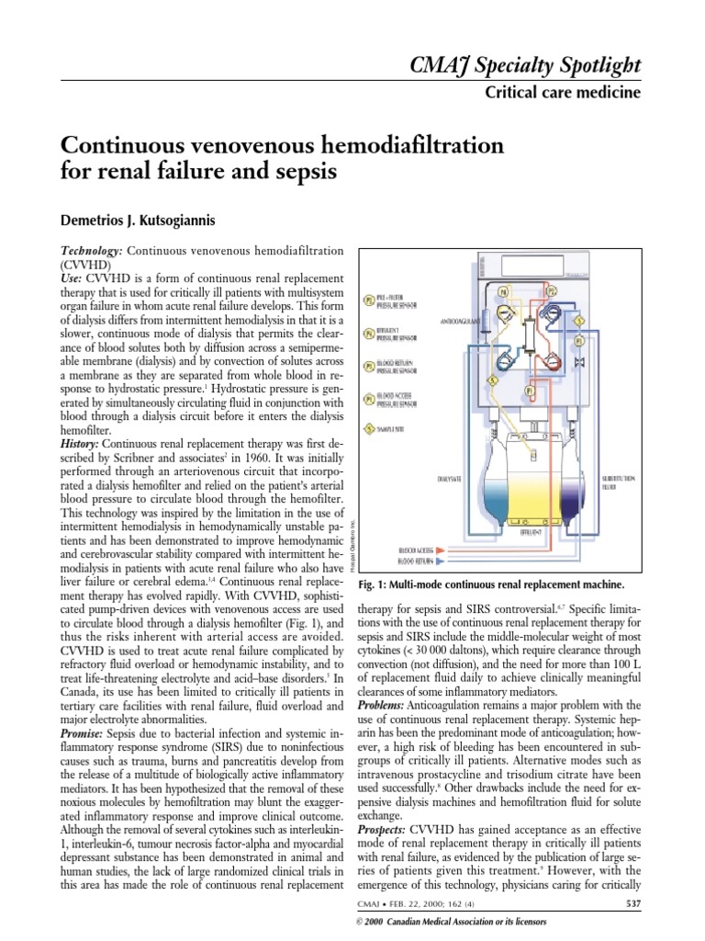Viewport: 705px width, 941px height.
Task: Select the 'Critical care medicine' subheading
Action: pos(562,93)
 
